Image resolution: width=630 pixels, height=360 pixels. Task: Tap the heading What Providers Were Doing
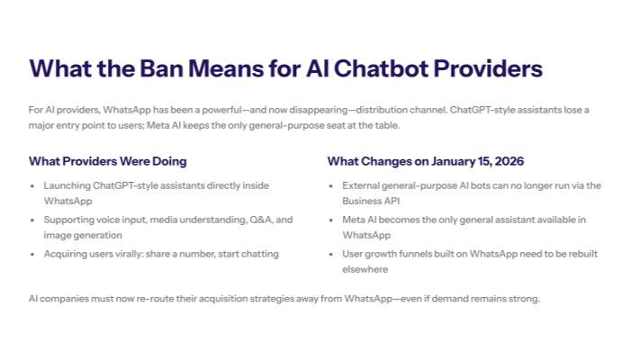(x=108, y=161)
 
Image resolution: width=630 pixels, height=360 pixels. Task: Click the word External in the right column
(x=364, y=185)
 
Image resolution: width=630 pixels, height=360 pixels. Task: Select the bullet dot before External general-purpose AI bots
(x=333, y=185)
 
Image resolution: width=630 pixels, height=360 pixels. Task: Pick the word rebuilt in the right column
(x=576, y=254)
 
